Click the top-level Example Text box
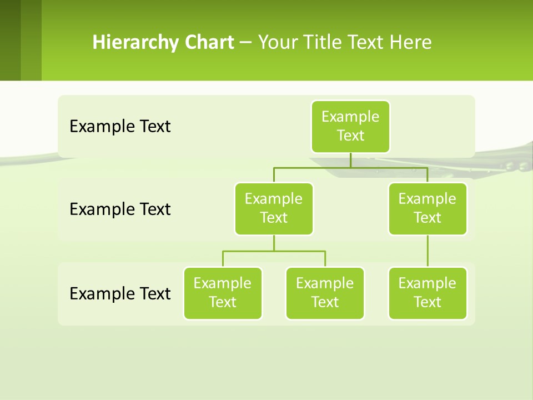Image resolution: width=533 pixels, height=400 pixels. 350,126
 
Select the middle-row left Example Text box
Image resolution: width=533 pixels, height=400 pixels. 274,208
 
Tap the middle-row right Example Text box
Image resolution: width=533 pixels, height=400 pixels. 428,208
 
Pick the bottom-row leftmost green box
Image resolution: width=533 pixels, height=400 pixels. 223,293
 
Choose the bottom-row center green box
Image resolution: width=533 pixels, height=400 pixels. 325,293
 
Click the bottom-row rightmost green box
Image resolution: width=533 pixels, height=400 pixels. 428,293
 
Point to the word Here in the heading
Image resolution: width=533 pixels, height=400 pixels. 410,42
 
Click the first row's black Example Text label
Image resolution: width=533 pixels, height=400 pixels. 120,127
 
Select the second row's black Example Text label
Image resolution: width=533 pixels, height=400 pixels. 120,209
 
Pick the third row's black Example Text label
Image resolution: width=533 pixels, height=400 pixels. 120,293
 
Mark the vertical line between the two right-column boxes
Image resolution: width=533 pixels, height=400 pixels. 428,251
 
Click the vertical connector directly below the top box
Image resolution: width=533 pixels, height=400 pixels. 350,160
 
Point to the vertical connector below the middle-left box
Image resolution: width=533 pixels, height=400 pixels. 274,243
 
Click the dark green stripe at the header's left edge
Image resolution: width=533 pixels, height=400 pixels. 10,40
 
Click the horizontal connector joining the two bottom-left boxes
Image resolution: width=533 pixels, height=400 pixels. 274,251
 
